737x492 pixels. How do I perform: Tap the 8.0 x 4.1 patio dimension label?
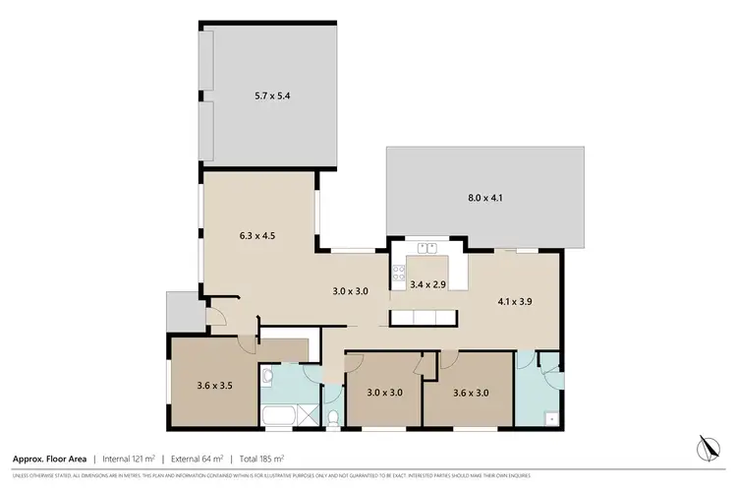click(x=484, y=198)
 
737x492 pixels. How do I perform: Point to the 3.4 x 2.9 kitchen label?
click(x=428, y=284)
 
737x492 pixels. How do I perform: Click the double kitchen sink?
click(x=427, y=248)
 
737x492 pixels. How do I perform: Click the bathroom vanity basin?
click(x=268, y=375)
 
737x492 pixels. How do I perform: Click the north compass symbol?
click(x=706, y=447)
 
